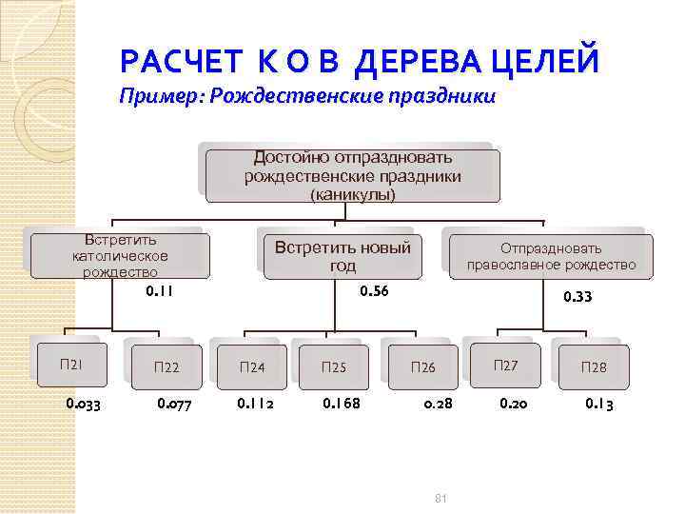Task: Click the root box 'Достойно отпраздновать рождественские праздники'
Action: pyautogui.click(x=352, y=173)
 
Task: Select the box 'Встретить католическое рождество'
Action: pyautogui.click(x=120, y=255)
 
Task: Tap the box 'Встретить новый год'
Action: pyautogui.click(x=342, y=256)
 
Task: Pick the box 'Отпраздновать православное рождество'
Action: pyautogui.click(x=551, y=256)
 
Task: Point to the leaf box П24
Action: pyautogui.click(x=252, y=366)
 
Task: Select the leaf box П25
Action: pyautogui.click(x=334, y=366)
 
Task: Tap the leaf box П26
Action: pyautogui.click(x=422, y=366)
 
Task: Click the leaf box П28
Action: pyautogui.click(x=593, y=366)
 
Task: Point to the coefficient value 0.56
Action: pyautogui.click(x=373, y=290)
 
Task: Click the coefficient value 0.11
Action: pyautogui.click(x=159, y=290)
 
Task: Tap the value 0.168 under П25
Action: pyautogui.click(x=342, y=404)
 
